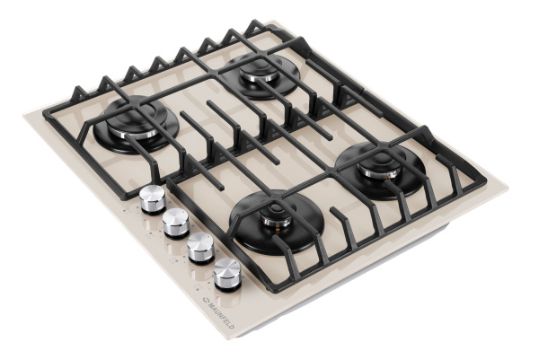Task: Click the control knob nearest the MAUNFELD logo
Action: [227, 275]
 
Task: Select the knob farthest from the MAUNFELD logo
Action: [152, 199]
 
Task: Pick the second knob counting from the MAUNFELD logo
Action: [201, 248]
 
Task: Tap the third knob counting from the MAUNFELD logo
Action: [176, 224]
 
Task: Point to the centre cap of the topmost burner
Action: [259, 66]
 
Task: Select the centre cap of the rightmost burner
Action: [380, 161]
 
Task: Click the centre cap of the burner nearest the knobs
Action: [276, 211]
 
